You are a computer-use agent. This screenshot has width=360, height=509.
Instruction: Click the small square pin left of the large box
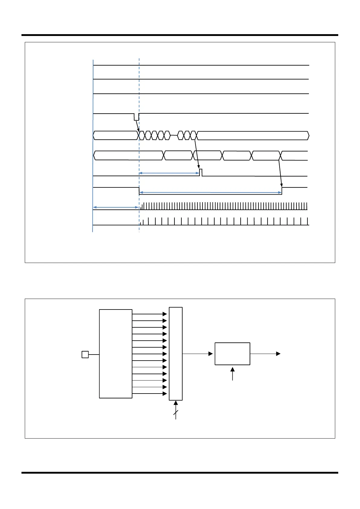(85, 354)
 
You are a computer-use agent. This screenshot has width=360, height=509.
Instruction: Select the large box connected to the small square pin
(116, 354)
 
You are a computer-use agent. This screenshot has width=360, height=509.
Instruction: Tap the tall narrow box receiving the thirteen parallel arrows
(176, 354)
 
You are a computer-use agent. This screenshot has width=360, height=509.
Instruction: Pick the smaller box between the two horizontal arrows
(232, 354)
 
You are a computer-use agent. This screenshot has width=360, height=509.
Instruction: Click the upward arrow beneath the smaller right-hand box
(232, 374)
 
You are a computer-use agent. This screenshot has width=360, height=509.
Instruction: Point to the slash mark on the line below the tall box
(176, 413)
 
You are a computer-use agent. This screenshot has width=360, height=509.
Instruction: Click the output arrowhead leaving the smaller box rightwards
(278, 354)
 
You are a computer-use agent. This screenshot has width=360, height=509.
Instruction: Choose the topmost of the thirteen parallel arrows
(149, 314)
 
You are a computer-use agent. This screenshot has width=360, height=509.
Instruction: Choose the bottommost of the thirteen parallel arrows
(149, 394)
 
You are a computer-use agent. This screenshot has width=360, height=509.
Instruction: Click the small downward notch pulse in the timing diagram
(136, 117)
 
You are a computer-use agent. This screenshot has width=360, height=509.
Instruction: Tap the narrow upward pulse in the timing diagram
(201, 172)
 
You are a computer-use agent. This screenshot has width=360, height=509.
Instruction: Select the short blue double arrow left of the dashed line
(115, 207)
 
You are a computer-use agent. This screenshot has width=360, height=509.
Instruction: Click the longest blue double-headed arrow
(210, 192)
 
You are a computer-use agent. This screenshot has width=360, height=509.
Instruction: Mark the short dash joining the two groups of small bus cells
(174, 136)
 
